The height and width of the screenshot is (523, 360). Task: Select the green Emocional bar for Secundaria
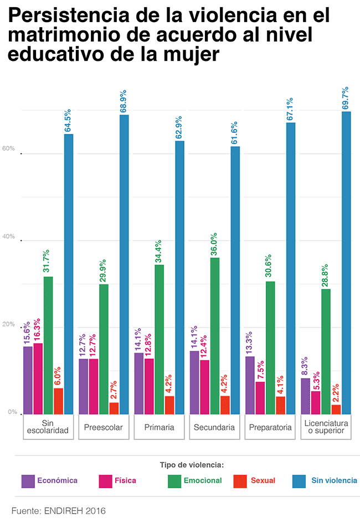coord(215,335)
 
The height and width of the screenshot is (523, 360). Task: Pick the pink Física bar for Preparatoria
coord(260,397)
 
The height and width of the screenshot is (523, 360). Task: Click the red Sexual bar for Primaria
coord(169,405)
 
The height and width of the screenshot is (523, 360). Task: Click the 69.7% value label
coord(346,99)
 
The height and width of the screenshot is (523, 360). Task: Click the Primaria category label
coord(160,428)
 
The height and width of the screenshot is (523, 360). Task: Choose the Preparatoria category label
coord(270,428)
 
